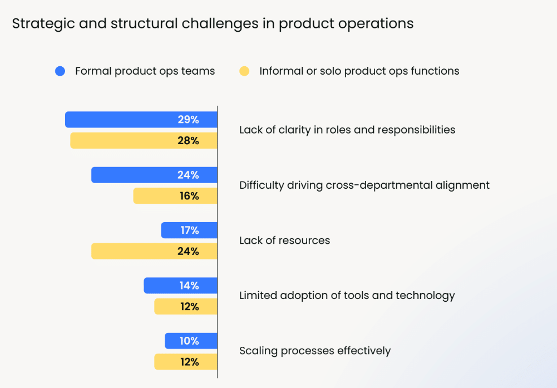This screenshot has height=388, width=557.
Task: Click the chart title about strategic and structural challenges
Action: (213, 23)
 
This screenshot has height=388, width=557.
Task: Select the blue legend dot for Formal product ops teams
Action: (60, 71)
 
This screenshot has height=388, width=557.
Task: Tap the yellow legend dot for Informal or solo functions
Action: (244, 71)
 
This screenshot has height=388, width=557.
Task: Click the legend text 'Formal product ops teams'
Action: (145, 71)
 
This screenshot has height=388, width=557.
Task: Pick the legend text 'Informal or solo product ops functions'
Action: (359, 71)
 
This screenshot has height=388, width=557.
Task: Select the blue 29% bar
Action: (141, 120)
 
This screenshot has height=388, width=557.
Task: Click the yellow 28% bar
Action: (144, 141)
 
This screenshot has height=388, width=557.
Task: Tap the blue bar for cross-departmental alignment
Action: (154, 175)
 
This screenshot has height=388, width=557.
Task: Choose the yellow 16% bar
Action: (175, 196)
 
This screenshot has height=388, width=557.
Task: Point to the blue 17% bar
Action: (189, 230)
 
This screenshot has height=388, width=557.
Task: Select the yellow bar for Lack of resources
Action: (154, 252)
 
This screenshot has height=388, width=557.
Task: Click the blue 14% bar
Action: (180, 286)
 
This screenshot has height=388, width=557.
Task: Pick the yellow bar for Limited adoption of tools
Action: (186, 307)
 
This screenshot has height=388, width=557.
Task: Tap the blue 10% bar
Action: (191, 341)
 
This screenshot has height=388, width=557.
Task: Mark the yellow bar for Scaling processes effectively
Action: (186, 362)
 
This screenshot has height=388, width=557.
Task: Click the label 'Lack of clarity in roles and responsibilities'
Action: (347, 130)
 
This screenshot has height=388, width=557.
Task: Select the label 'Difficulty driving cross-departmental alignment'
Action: (364, 185)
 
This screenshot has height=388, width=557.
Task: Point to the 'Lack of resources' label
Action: (284, 240)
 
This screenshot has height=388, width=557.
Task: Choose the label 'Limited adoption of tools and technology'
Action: (347, 296)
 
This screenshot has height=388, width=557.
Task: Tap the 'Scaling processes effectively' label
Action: (315, 351)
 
